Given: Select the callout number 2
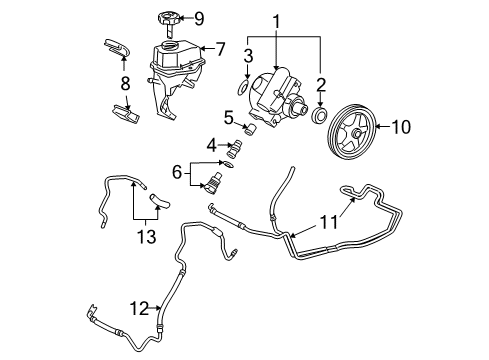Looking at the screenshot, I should (x=319, y=85).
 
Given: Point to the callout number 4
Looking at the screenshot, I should (x=211, y=144).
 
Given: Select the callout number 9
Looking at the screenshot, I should (x=198, y=16).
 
